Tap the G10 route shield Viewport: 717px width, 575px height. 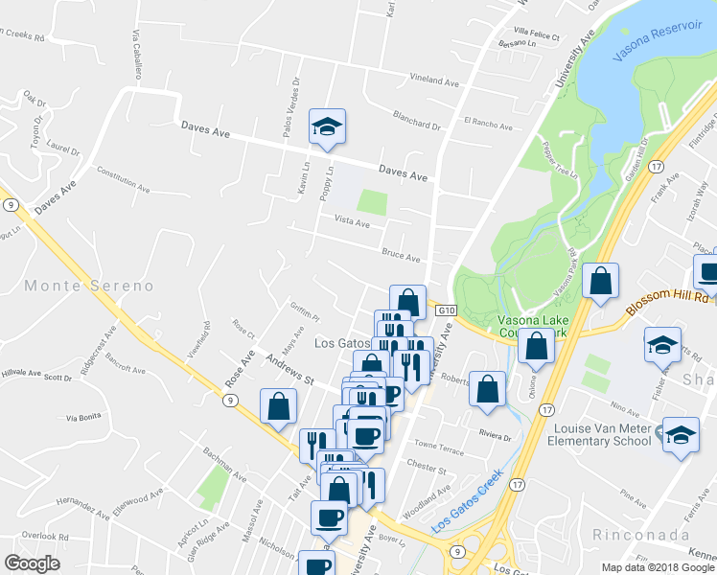click(x=445, y=311)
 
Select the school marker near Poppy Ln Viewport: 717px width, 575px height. click(x=327, y=127)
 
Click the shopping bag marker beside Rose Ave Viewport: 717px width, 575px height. click(x=277, y=405)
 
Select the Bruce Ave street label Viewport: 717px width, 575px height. click(x=401, y=257)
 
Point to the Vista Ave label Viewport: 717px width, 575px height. click(x=351, y=223)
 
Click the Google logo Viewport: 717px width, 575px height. click(x=32, y=563)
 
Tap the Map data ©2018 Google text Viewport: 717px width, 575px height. click(x=658, y=567)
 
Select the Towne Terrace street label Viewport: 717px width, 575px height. click(x=439, y=448)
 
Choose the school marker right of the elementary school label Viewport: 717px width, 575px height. click(x=682, y=436)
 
